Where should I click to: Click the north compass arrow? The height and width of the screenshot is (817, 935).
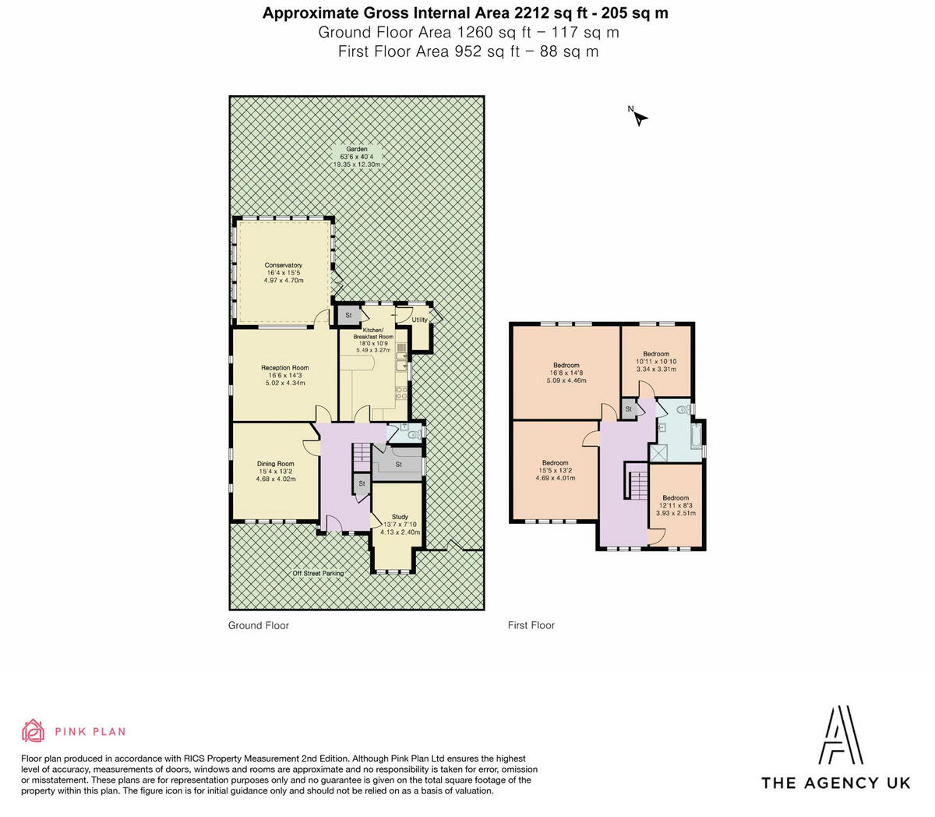640,118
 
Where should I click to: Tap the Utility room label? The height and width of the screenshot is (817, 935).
419,320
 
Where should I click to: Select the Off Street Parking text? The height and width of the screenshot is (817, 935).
318,573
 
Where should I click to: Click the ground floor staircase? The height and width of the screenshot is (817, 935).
361,457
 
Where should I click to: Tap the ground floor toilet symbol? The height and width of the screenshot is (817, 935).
414,434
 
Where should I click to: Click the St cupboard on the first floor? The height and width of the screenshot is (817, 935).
628,408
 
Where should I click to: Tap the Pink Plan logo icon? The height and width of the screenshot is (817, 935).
34,730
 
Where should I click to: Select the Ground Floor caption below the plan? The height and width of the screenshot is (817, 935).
258,625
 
